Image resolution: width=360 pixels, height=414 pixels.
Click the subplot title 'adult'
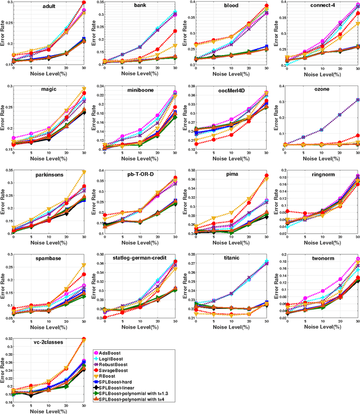(x=48, y=6)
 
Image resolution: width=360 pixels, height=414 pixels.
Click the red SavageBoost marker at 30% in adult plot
(x=84, y=3)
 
